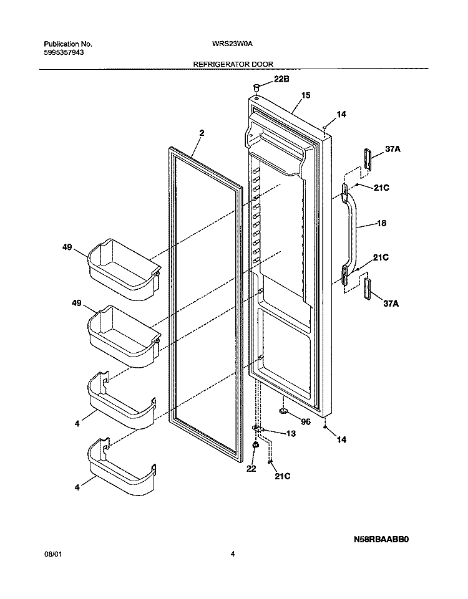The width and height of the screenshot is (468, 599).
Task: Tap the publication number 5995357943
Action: [x=64, y=53]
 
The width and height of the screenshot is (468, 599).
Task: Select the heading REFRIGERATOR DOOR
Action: [x=233, y=65]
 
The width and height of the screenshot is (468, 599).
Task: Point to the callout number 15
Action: [x=306, y=95]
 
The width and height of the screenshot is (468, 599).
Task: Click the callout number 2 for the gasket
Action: [x=202, y=133]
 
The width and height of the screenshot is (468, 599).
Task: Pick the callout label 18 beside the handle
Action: [x=381, y=223]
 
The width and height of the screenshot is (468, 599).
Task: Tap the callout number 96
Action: [x=306, y=421]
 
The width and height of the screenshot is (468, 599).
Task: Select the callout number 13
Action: [x=291, y=434]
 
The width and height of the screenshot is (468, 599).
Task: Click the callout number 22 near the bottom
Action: [x=251, y=468]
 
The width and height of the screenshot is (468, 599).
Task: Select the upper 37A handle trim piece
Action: [x=368, y=159]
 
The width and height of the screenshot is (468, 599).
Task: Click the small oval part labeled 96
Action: [x=283, y=411]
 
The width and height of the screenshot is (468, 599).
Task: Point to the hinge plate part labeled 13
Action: [x=259, y=429]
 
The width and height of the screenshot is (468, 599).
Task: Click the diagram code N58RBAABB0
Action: [x=381, y=540]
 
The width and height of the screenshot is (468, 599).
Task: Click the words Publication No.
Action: [x=68, y=44]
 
